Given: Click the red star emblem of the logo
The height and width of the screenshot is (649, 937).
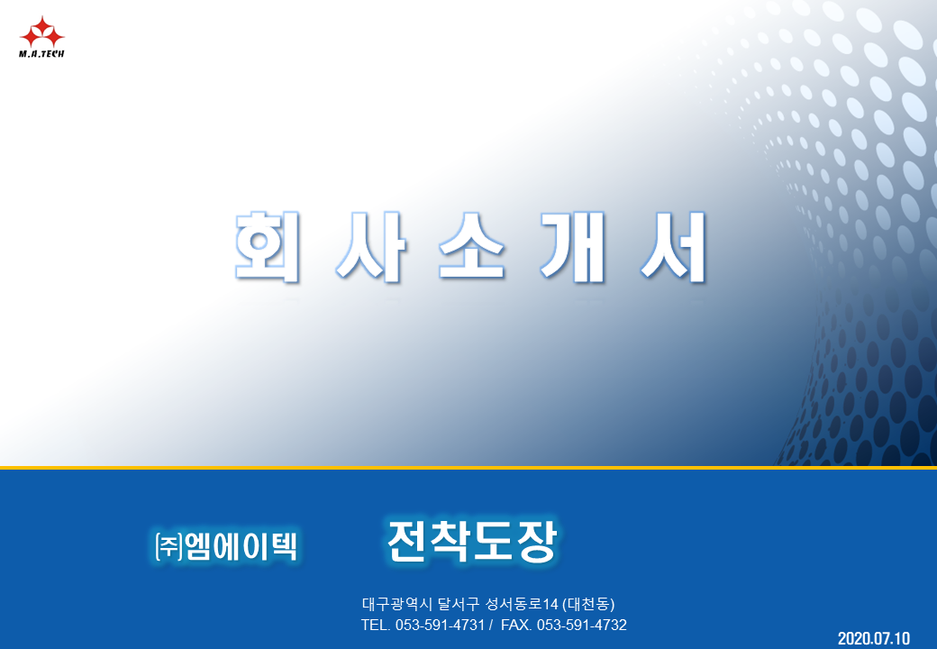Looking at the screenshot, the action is click(x=41, y=32).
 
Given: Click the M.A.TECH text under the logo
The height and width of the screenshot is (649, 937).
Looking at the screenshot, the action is click(x=41, y=54).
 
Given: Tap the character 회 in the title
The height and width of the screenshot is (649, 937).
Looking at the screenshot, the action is click(x=267, y=246).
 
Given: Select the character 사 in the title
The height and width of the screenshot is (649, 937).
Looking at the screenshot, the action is click(x=371, y=246).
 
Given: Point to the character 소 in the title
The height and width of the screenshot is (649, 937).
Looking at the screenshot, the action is click(x=471, y=246).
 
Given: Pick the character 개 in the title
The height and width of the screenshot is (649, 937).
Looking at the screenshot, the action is click(x=573, y=246).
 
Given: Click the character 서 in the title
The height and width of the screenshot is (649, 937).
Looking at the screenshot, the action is click(x=674, y=246).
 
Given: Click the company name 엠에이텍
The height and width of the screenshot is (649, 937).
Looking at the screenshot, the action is click(x=241, y=545).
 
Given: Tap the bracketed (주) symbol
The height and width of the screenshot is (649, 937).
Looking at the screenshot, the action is click(x=169, y=546).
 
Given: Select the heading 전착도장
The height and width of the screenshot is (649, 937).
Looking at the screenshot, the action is click(x=472, y=541).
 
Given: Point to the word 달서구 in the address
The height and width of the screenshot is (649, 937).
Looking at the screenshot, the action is click(x=459, y=604).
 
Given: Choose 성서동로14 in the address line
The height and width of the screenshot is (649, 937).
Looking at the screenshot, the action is click(x=522, y=604).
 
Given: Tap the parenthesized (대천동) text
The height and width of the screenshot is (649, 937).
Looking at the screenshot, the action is click(x=588, y=604).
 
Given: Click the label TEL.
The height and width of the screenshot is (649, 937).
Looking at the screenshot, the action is click(x=376, y=625).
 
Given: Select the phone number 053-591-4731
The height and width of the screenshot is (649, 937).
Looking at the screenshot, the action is click(x=440, y=625).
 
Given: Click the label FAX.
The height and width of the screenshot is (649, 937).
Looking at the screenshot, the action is click(x=516, y=625).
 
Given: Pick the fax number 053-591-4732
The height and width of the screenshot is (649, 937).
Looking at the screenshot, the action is click(x=582, y=625).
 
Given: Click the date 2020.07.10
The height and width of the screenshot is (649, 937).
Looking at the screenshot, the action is click(x=874, y=638).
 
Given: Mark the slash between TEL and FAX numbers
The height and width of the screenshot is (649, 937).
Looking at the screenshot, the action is click(x=491, y=625).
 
